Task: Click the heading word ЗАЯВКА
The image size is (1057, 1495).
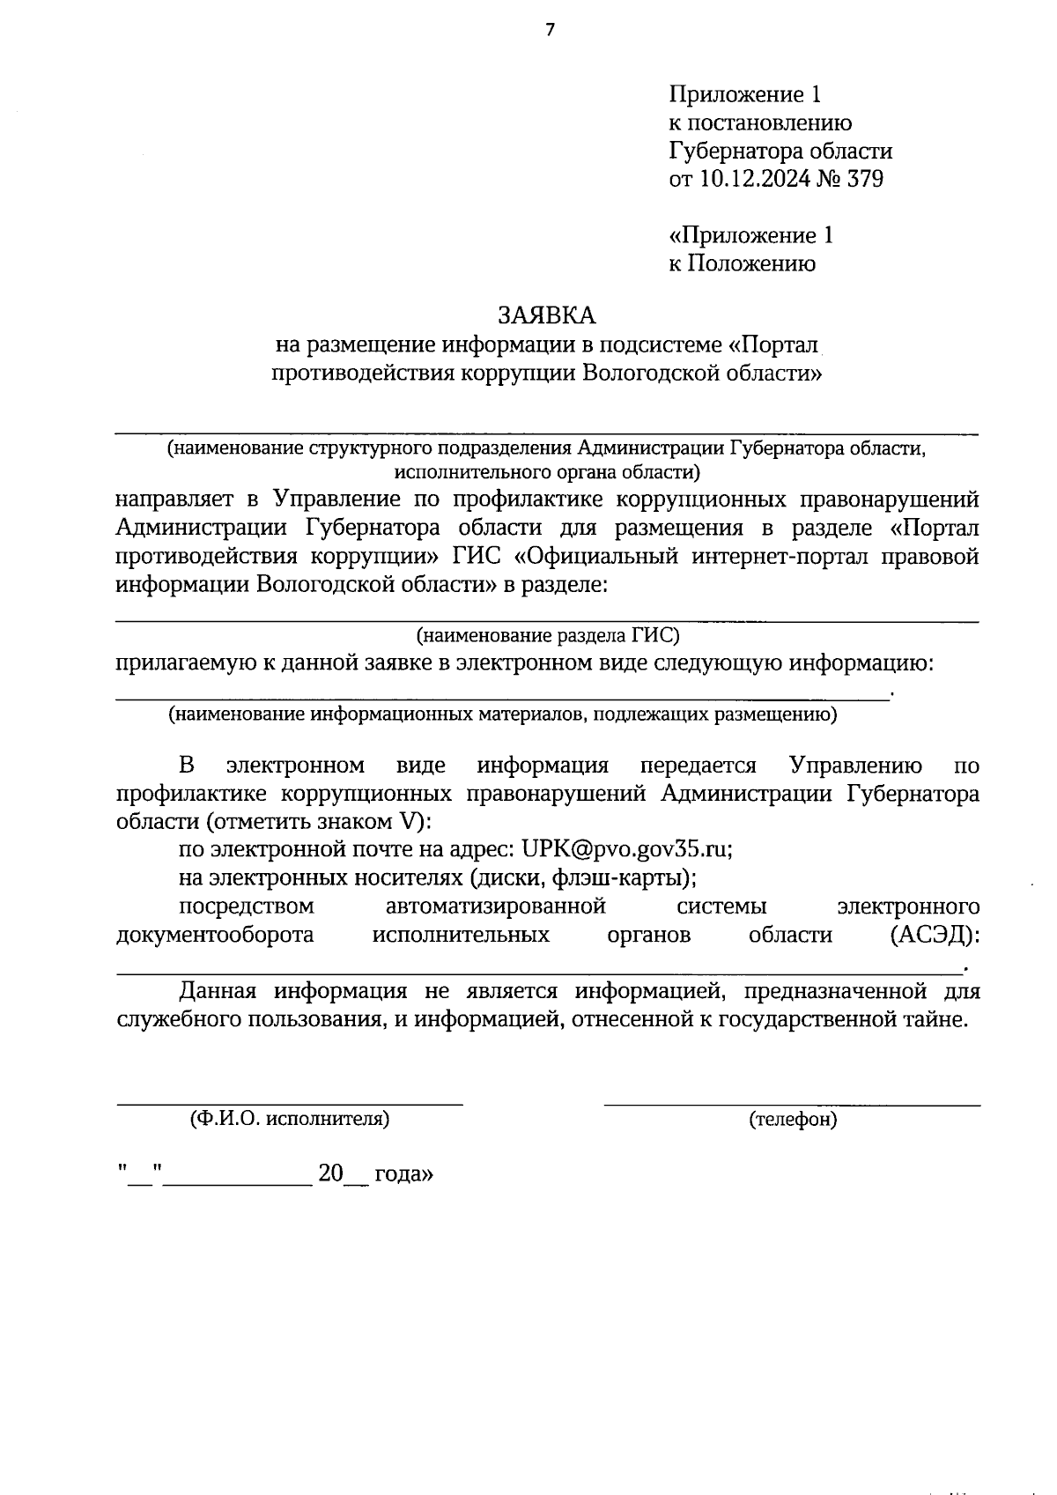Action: click(546, 315)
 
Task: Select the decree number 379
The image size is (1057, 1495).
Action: click(864, 179)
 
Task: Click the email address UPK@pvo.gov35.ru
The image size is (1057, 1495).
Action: click(627, 849)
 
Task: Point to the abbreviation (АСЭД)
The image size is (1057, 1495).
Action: click(935, 935)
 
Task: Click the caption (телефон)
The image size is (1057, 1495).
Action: click(793, 1120)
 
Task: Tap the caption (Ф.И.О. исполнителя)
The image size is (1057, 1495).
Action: click(290, 1119)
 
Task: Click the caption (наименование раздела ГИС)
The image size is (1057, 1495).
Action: click(547, 634)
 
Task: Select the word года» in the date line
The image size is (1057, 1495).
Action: click(403, 1174)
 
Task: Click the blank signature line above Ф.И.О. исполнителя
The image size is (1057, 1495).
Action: click(290, 1103)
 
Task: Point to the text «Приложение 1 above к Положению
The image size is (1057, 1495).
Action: click(750, 235)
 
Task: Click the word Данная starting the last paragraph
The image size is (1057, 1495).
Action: click(218, 991)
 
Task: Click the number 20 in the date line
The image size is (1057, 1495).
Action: click(330, 1173)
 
